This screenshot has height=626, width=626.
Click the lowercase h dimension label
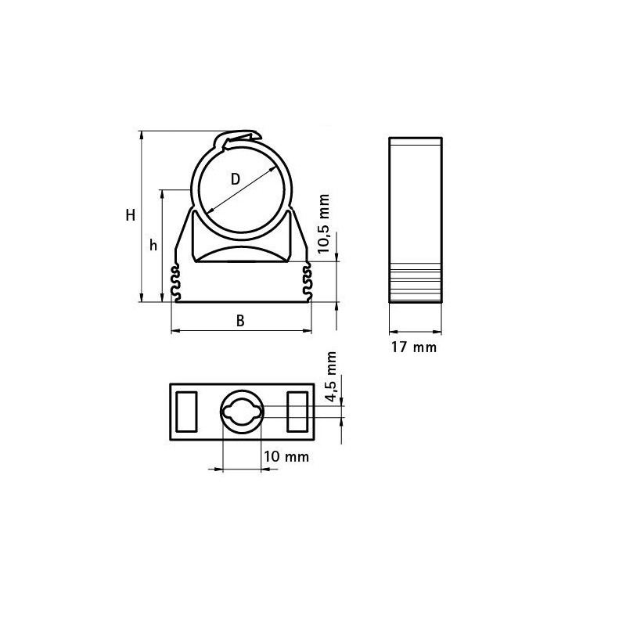[x=153, y=245]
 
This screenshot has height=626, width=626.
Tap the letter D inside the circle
[x=236, y=178]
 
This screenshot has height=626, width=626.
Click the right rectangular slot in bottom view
[x=298, y=412]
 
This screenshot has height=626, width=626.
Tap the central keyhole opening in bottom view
[x=243, y=412]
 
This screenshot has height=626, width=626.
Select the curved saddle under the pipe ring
[x=242, y=255]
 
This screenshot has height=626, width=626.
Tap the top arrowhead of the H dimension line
[x=142, y=134]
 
